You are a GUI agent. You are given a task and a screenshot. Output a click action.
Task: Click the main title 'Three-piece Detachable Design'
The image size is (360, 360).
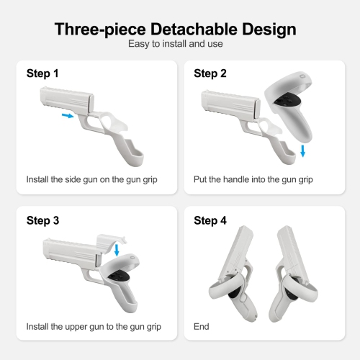(x=176, y=30)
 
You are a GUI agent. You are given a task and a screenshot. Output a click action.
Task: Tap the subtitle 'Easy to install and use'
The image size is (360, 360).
(x=176, y=45)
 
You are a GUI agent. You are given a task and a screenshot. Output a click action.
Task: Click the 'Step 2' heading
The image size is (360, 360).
(x=210, y=73)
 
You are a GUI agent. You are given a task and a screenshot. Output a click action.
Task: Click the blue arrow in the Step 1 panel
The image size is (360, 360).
(x=67, y=114)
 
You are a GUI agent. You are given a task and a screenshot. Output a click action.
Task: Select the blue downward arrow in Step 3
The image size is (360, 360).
(x=117, y=249)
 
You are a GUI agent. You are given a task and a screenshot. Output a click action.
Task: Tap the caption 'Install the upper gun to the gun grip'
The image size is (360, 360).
(x=94, y=326)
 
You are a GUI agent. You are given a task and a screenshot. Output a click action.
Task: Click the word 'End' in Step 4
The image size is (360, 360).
(x=202, y=326)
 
